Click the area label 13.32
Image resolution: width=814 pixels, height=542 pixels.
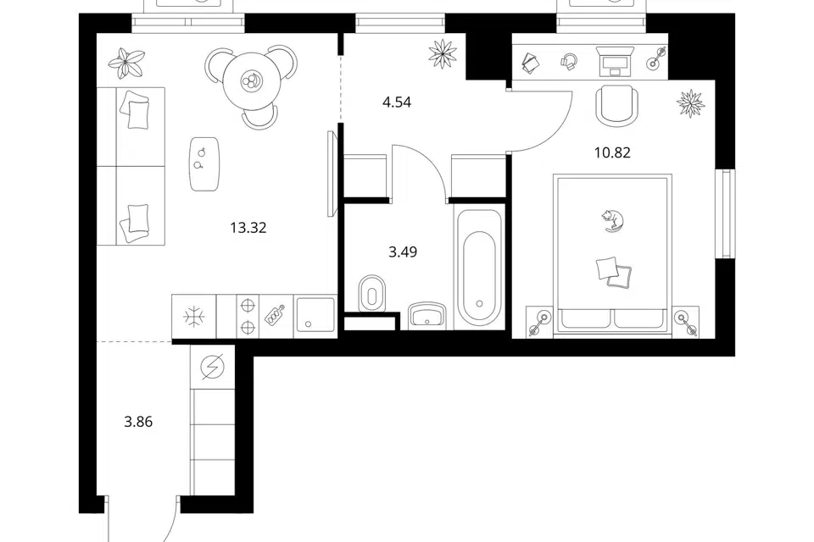(x=248, y=228)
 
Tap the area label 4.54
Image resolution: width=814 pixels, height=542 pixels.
(x=397, y=102)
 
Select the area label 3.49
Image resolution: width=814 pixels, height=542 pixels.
(x=403, y=252)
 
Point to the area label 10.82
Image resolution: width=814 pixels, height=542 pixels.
(x=612, y=152)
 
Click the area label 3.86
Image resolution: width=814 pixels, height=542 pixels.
(x=138, y=423)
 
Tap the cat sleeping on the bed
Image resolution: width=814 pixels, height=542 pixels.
(x=612, y=220)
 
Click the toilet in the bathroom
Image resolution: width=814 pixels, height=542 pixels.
(x=371, y=294)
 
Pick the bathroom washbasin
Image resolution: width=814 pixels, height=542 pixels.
(x=427, y=316)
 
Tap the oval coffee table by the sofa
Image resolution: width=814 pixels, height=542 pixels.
(x=204, y=164)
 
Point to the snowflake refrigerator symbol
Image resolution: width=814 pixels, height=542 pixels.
(x=194, y=317)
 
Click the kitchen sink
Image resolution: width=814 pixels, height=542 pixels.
(x=315, y=316)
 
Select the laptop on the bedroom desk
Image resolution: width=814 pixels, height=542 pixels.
(x=616, y=61)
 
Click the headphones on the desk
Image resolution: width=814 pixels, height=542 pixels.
(x=569, y=61)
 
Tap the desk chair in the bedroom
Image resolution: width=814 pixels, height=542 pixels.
(x=616, y=104)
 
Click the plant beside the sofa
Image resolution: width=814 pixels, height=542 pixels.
(x=126, y=62)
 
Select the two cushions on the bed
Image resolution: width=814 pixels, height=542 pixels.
(x=615, y=272)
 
